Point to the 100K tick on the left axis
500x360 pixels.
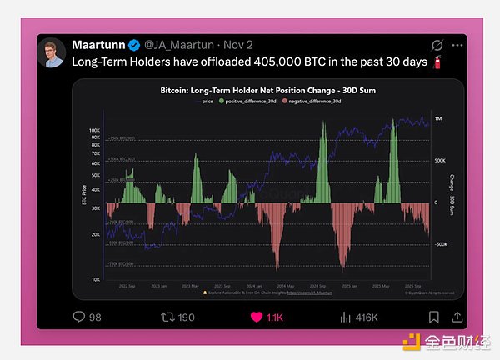pos(94,131)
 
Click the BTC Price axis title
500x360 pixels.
pos(84,204)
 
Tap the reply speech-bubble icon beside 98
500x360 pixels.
pos(79,317)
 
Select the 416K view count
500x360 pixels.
pos(367,317)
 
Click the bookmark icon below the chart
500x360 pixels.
pos(434,317)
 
